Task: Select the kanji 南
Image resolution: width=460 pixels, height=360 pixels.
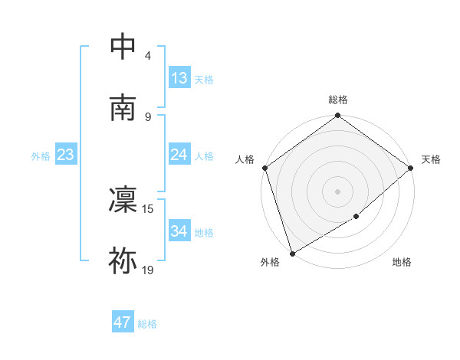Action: point(123,107)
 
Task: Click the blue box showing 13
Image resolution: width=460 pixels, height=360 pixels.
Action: point(179,78)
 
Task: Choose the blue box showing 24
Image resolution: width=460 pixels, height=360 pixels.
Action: point(179,155)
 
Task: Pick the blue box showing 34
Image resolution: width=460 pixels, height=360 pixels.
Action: point(179,231)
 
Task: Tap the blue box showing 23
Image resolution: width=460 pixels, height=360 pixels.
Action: point(65,155)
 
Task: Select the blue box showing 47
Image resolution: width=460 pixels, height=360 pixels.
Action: point(123,322)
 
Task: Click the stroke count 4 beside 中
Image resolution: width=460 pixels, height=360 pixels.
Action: point(148,56)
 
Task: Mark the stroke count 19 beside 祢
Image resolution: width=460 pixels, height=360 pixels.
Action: point(148,269)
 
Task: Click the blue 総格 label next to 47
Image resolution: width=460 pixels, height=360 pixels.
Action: point(147,324)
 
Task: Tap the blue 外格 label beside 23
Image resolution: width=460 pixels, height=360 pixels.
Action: point(41,156)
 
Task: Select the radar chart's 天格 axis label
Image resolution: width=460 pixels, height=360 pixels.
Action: point(431,159)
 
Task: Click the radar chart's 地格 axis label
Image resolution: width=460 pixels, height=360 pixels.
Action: point(402,263)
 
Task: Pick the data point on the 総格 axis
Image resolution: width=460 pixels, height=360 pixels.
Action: point(337,116)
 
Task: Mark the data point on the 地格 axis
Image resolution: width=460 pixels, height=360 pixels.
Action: point(356,217)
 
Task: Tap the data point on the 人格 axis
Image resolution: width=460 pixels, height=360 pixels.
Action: point(265,168)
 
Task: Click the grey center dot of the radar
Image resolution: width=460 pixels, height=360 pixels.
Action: point(337,191)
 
